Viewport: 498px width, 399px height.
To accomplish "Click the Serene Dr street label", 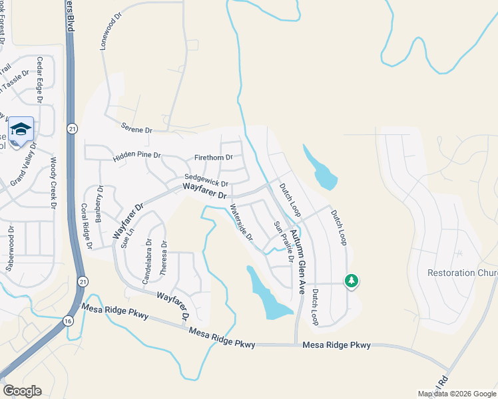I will click(136, 129).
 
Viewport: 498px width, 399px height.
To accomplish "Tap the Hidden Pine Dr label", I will click(137, 155).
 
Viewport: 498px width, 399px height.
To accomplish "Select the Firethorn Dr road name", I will click(213, 158).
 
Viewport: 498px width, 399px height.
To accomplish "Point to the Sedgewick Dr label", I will click(206, 180).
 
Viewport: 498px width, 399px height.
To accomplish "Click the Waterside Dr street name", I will click(241, 222).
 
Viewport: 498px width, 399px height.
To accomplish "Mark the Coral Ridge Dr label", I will click(87, 225).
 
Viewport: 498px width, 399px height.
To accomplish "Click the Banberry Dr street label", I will click(100, 206).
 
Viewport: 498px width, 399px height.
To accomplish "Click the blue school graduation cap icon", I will click(21, 128).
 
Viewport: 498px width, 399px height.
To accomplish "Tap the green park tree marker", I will click(351, 281).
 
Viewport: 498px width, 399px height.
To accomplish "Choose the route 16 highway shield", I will click(68, 321).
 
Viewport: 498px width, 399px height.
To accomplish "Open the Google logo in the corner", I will click(22, 391).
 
